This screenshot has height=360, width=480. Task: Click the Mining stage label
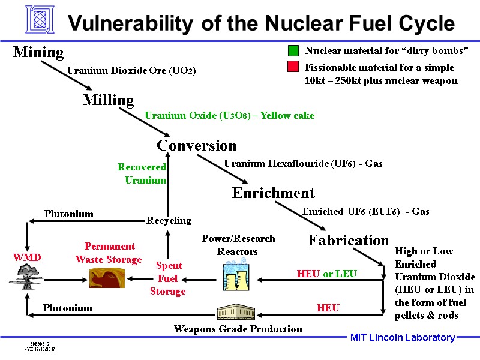point(38,53)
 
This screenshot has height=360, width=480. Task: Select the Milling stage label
point(108,100)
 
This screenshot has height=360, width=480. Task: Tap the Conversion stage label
point(196,146)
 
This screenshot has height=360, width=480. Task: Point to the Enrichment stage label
point(273,193)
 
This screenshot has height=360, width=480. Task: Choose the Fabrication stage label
point(348,241)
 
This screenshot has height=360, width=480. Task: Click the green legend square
point(293,50)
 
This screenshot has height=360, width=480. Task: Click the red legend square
point(293,67)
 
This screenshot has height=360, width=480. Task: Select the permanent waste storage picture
point(106,278)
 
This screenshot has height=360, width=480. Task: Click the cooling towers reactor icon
point(236,277)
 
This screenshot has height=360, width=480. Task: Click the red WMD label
point(27,257)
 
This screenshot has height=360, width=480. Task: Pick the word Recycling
point(169,221)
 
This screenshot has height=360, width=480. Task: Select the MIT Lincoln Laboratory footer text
point(403,338)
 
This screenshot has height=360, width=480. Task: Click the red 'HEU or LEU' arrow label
point(327,274)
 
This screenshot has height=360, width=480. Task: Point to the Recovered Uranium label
point(142,173)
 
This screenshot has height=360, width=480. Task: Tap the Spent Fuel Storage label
point(168,278)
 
